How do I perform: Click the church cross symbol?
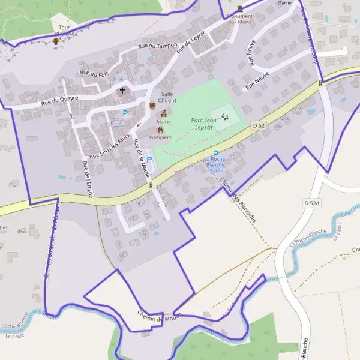122,91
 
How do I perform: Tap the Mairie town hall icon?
163,113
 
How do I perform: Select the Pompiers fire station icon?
160,129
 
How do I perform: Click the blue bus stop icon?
215,153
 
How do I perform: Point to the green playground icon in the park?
226,116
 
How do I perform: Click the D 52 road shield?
259,125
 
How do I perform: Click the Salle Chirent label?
167,98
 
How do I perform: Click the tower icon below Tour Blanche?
56,41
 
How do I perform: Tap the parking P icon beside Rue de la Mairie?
149,160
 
